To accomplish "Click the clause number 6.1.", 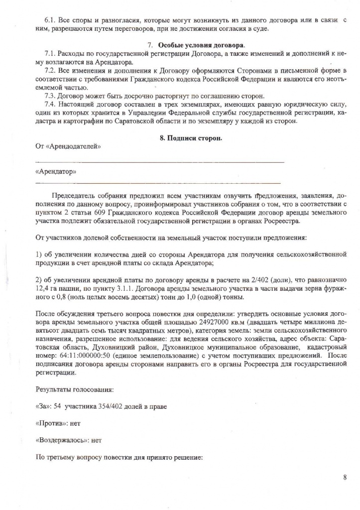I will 51,20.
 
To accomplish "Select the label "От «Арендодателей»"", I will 68,146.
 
